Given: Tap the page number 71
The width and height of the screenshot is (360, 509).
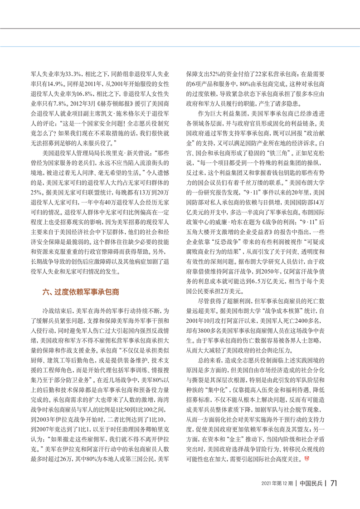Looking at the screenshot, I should (x=332, y=483).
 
